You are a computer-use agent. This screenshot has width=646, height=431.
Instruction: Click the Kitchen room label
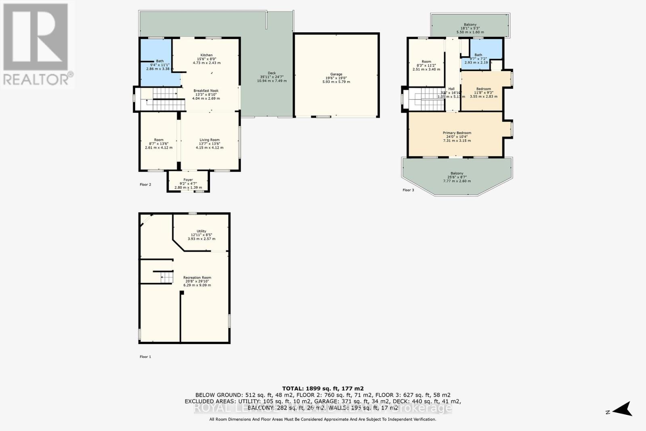[206, 55]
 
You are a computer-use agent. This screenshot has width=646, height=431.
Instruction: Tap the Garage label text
[336, 74]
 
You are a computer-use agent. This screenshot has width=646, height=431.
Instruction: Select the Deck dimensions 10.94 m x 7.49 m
[272, 81]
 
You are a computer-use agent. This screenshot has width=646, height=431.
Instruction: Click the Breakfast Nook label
[206, 91]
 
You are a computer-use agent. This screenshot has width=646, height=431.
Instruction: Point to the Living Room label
[209, 140]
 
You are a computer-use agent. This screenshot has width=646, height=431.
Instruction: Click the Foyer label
[188, 180]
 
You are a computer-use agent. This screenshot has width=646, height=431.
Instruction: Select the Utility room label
[201, 231]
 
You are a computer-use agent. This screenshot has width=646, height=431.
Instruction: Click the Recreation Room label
[197, 278]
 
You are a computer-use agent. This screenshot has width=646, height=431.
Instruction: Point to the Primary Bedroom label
[457, 133]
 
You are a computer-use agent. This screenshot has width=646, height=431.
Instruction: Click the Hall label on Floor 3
[451, 89]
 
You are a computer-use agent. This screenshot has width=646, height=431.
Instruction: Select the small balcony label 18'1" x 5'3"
[470, 28]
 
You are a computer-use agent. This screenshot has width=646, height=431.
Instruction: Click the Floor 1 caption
[145, 357]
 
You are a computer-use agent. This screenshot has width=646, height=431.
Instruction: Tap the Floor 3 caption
[408, 190]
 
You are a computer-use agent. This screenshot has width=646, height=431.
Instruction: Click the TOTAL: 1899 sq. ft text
[323, 389]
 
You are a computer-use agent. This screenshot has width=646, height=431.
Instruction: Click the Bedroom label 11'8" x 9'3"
[483, 89]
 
